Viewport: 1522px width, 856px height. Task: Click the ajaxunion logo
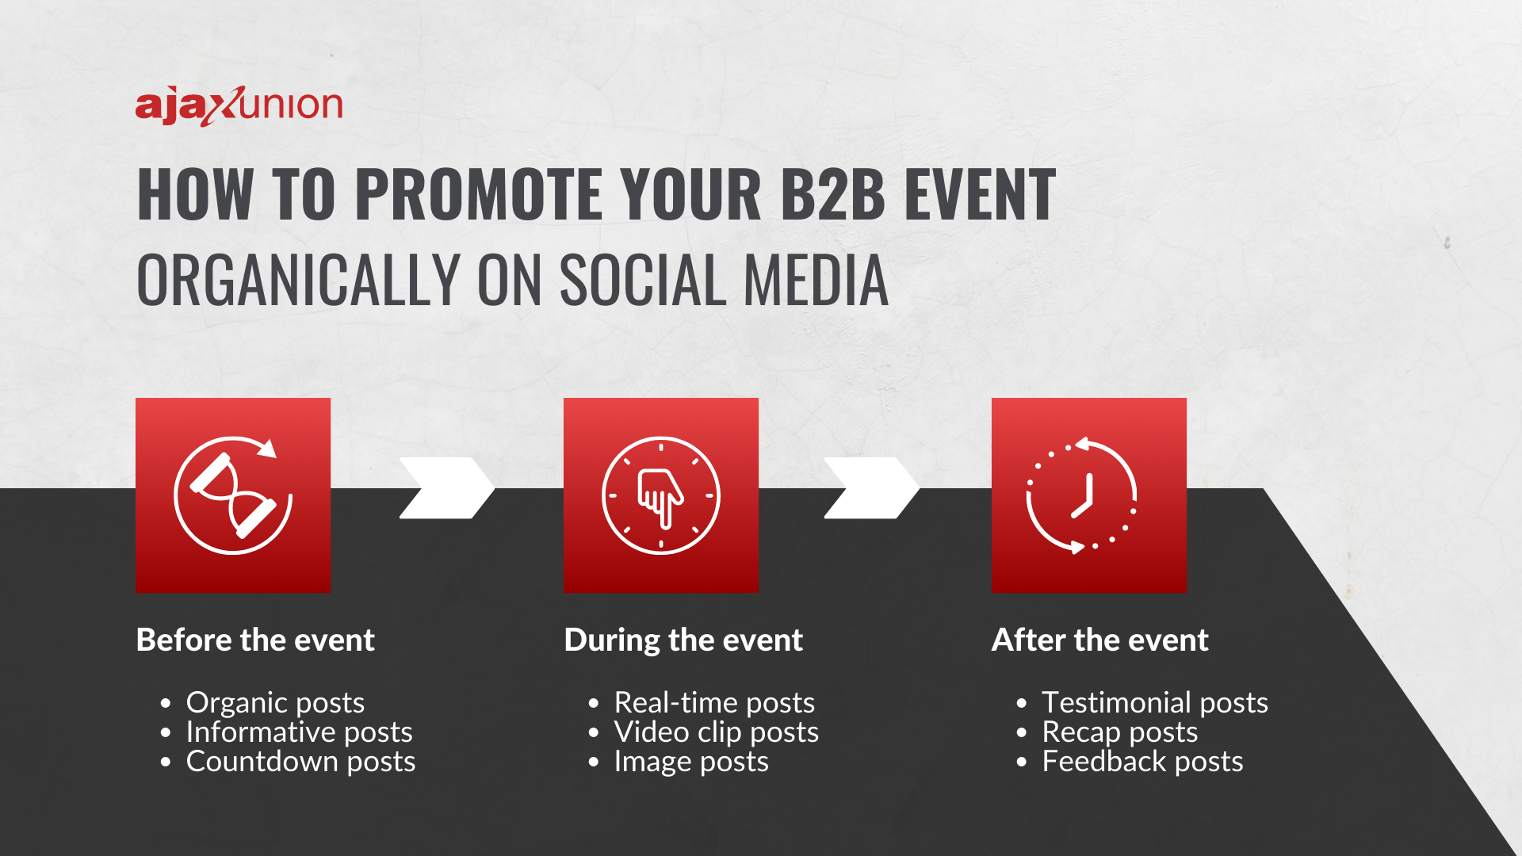(239, 105)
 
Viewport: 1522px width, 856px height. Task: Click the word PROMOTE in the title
(480, 194)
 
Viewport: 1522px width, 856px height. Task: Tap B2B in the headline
(832, 194)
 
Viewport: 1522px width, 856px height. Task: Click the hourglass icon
(233, 495)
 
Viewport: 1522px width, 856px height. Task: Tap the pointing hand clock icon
(660, 495)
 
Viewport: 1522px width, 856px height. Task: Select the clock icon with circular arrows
(1088, 495)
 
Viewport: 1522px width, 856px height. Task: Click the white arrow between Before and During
(446, 487)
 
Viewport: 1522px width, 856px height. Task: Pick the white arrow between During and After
(871, 487)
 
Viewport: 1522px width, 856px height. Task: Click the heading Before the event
(255, 640)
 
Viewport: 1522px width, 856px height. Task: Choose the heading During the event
(683, 640)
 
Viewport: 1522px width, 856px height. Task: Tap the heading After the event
(1099, 640)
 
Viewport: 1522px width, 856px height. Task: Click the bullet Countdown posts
(300, 762)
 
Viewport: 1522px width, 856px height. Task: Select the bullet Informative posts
(299, 732)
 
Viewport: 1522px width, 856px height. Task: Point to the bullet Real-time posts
(714, 703)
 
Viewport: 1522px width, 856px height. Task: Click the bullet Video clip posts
(716, 732)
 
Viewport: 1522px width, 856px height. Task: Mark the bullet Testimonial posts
(1154, 703)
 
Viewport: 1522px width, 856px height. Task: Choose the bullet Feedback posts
(1141, 762)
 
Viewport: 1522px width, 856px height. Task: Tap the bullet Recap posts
(1119, 732)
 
